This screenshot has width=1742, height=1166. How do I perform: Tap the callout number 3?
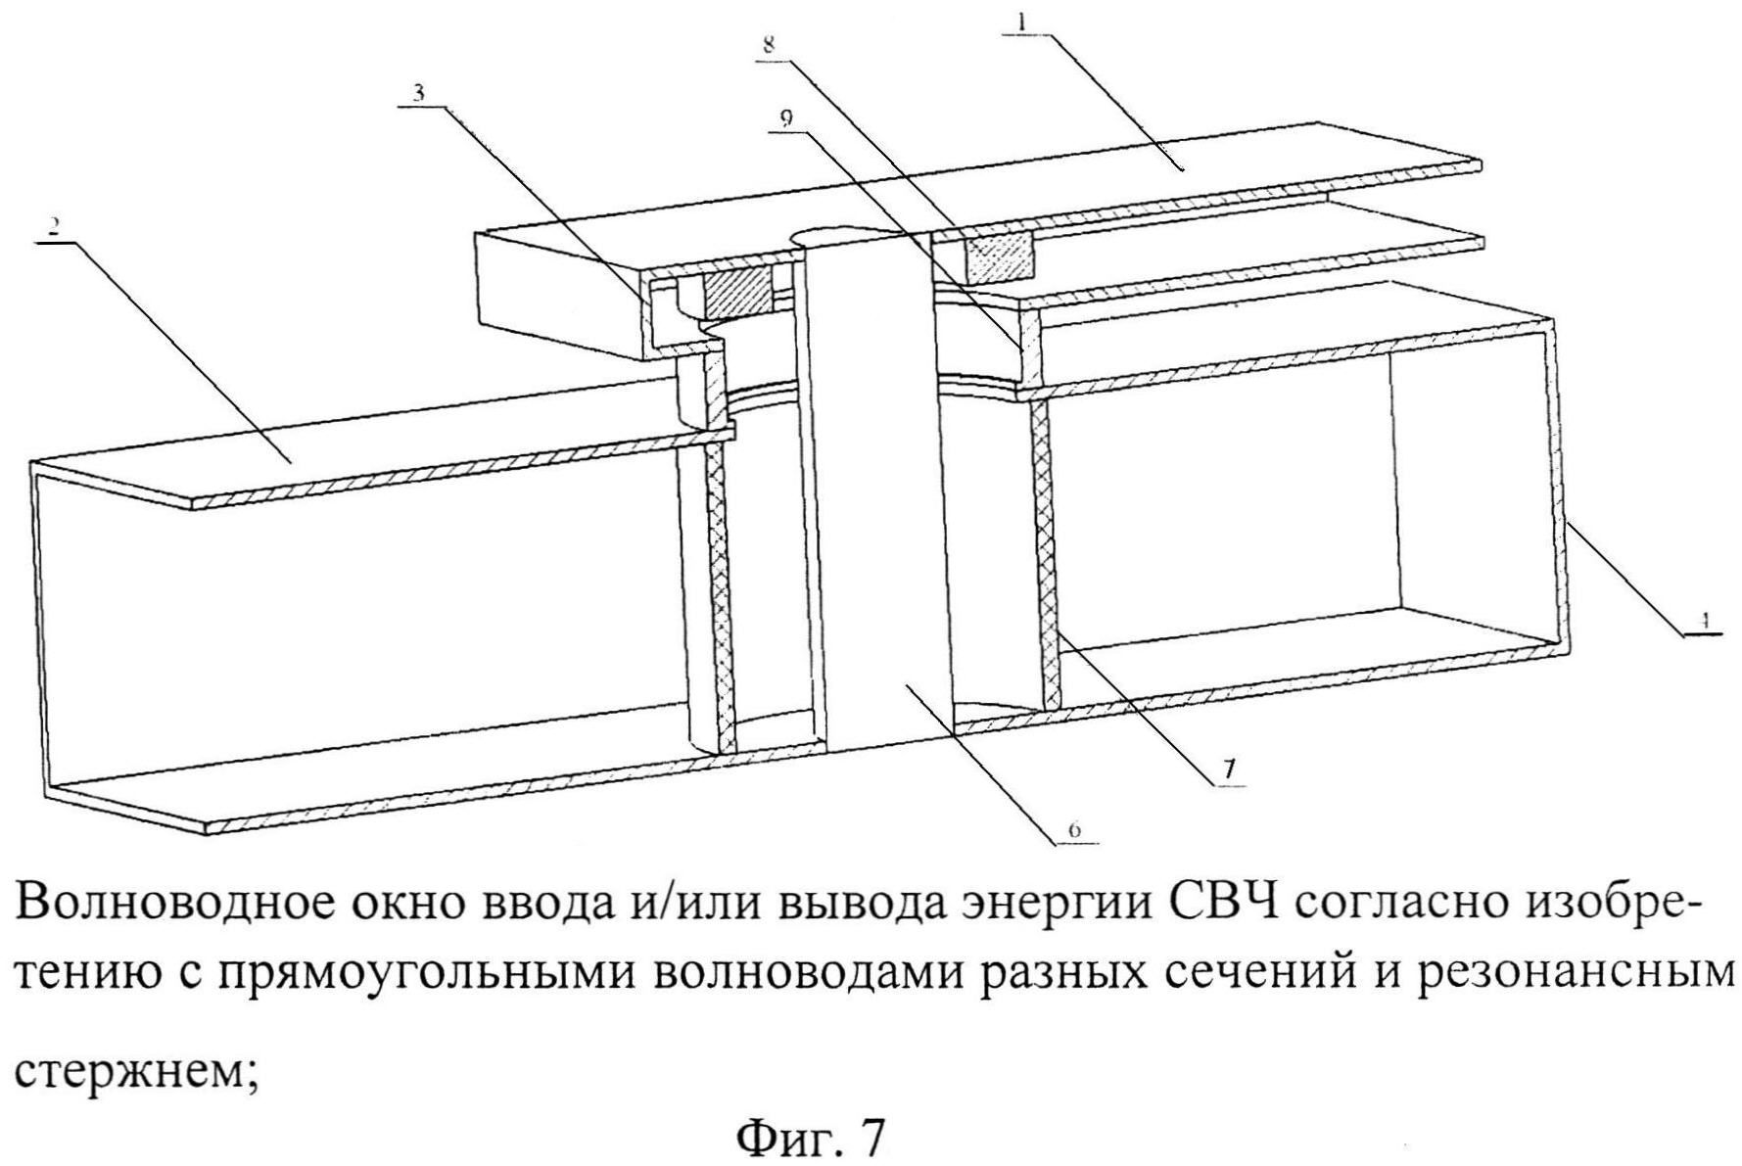tap(418, 93)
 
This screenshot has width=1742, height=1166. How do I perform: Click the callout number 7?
tap(1229, 770)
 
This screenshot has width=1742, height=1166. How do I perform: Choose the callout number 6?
tap(1074, 830)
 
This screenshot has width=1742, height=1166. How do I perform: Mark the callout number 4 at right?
tap(1705, 621)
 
